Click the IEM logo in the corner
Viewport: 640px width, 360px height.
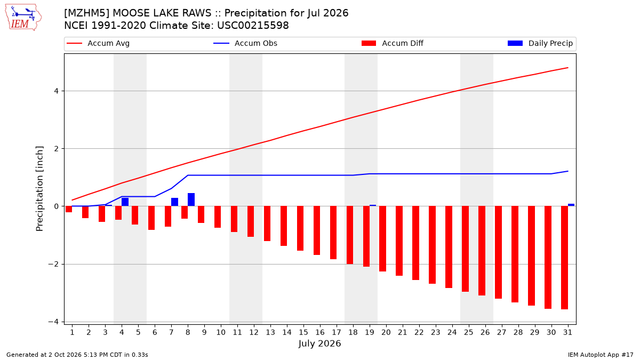pyautogui.click(x=23, y=17)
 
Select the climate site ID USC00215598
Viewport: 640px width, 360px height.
pyautogui.click(x=253, y=26)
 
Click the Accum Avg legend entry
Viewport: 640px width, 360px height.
pyautogui.click(x=98, y=43)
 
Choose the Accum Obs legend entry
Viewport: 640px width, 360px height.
pyautogui.click(x=245, y=43)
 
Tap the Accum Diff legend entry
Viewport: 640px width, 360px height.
pyautogui.click(x=393, y=43)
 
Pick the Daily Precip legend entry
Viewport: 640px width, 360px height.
pyautogui.click(x=540, y=43)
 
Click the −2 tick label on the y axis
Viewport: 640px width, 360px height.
pyautogui.click(x=53, y=265)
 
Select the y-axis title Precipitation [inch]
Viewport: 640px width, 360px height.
pyautogui.click(x=39, y=189)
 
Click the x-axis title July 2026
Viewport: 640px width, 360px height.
pyautogui.click(x=319, y=343)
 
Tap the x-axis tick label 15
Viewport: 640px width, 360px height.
pyautogui.click(x=303, y=332)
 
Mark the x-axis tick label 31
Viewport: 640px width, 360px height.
pyautogui.click(x=567, y=332)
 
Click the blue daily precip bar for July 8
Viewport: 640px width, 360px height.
pyautogui.click(x=191, y=199)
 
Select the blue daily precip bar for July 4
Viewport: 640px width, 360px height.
pyautogui.click(x=125, y=202)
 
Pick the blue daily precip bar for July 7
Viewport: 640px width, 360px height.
pyautogui.click(x=174, y=202)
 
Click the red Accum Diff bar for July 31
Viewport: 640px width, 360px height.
pyautogui.click(x=565, y=258)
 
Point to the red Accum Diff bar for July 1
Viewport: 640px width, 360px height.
pyautogui.click(x=69, y=209)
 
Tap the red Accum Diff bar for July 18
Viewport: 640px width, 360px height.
pyautogui.click(x=350, y=235)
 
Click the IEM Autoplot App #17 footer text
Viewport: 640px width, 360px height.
pyautogui.click(x=601, y=355)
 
